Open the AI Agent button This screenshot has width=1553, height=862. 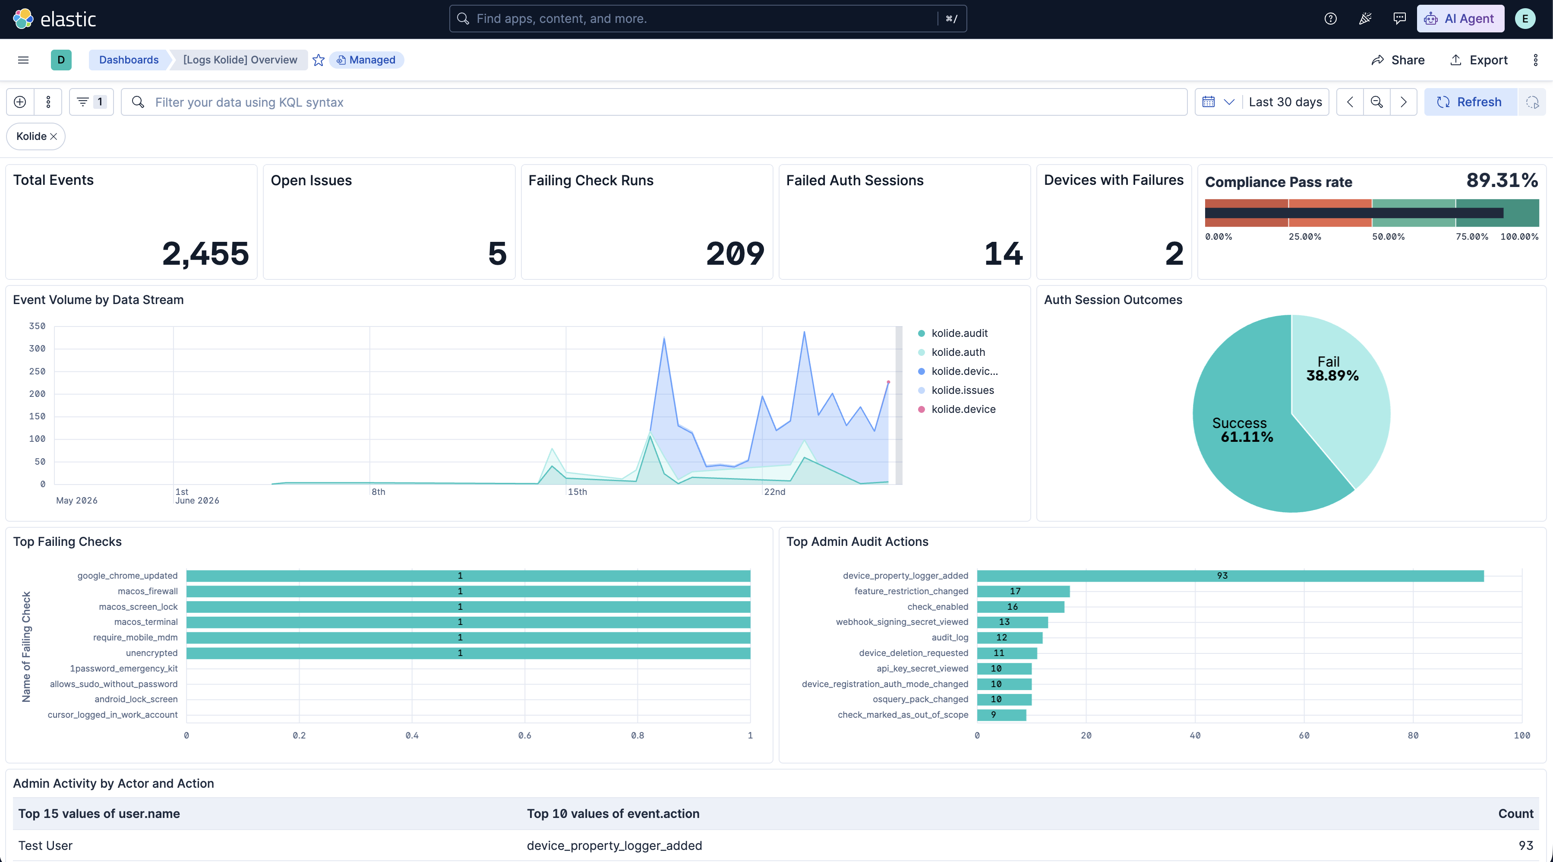coord(1460,19)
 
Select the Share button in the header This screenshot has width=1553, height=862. coord(1398,60)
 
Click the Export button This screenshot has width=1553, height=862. coord(1479,60)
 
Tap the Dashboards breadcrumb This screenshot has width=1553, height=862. coord(129,60)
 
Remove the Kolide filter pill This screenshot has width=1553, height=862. coord(54,136)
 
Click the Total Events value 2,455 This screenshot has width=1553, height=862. coord(205,254)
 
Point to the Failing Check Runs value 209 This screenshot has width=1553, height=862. coord(735,254)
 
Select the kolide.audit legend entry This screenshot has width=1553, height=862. coord(959,333)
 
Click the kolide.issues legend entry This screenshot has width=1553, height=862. coord(962,390)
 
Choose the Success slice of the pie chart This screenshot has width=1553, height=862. coord(1248,434)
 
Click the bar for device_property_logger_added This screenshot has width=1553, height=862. coord(1230,576)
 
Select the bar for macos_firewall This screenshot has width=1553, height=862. coord(468,591)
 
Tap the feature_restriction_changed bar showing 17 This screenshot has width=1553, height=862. coord(1023,591)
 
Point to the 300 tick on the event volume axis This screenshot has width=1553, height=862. coord(38,349)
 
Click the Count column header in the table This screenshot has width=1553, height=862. coord(1515,814)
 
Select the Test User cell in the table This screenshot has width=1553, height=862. coord(45,846)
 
